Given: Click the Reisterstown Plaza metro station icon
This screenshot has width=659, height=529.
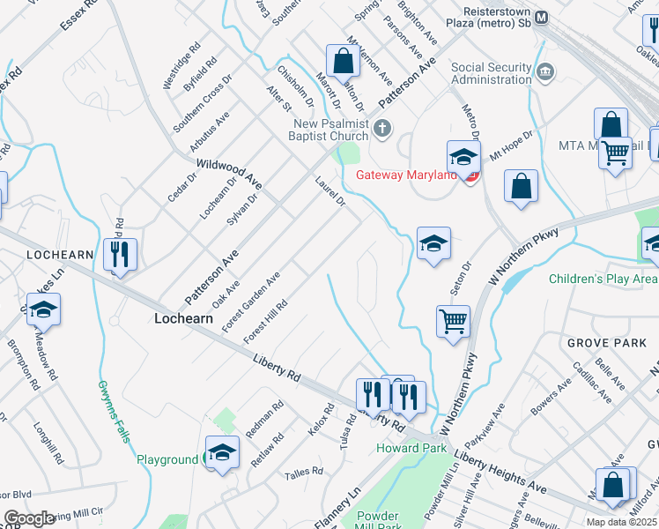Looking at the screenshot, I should (542, 17).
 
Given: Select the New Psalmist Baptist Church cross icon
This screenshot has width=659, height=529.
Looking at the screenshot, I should (381, 129).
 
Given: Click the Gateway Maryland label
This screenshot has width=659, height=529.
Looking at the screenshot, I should (406, 175).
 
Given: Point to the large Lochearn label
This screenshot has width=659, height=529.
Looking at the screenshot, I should (183, 319).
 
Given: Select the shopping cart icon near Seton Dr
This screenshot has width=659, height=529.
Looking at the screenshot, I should (453, 321).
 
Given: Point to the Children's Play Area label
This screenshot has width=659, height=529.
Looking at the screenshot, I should (603, 279).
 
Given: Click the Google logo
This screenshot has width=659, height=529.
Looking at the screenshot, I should (29, 519).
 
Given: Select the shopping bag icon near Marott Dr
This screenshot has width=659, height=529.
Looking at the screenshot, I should (343, 62).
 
